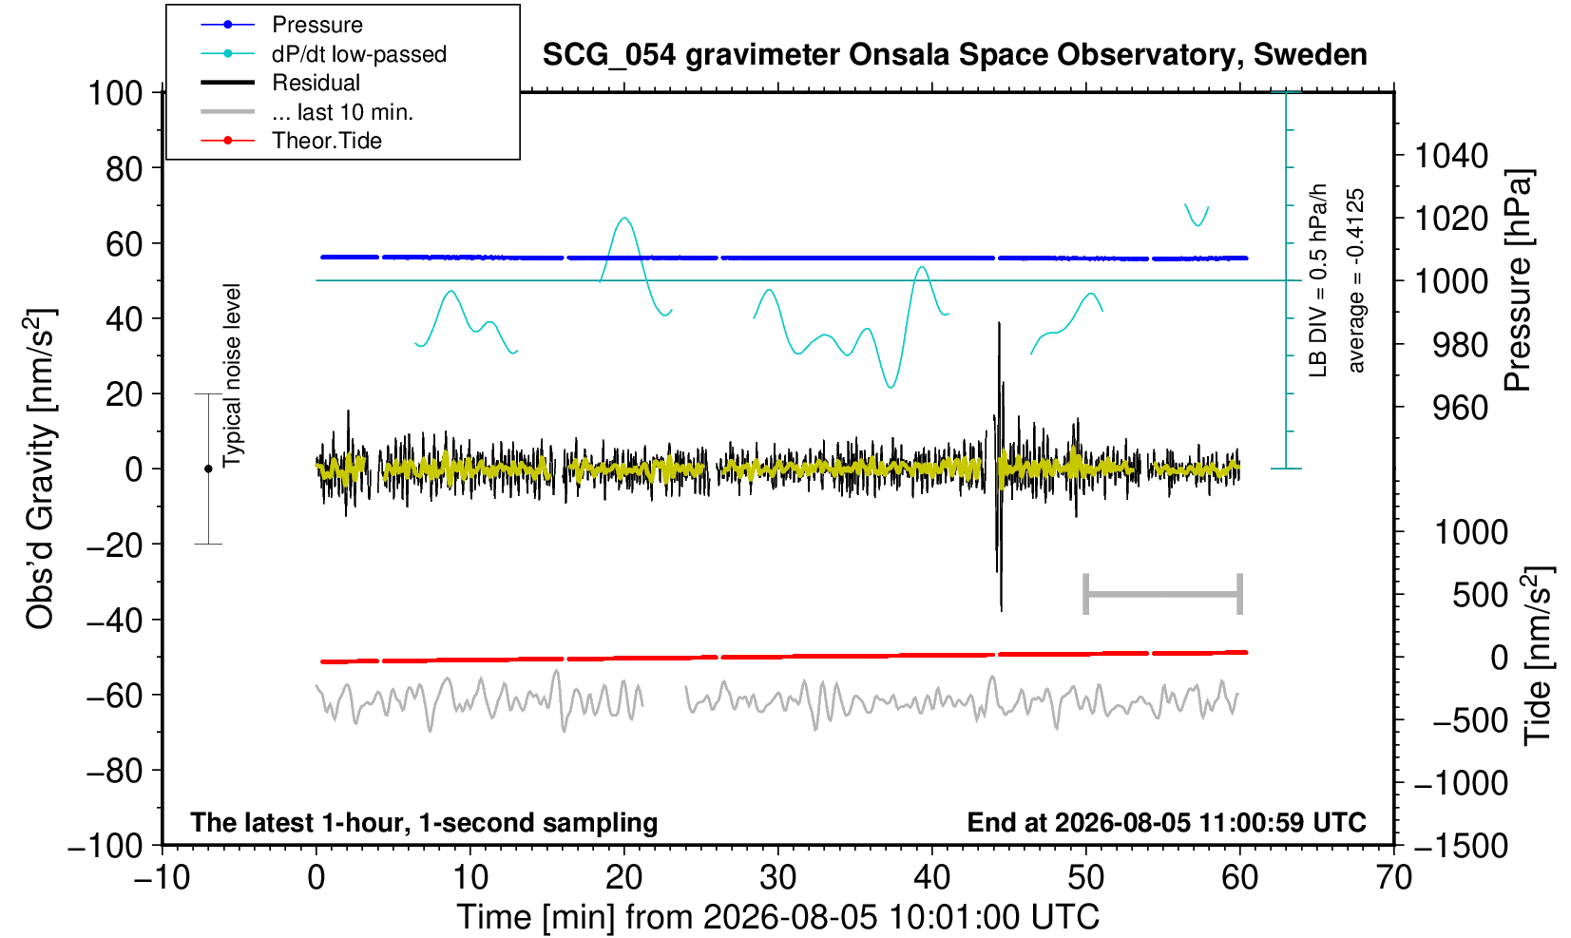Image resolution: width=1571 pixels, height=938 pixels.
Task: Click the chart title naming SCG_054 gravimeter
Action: coord(954,55)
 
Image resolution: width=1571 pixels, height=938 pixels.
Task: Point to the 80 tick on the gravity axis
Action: coord(125,169)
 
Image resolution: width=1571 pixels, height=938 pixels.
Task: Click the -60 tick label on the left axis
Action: coord(114,696)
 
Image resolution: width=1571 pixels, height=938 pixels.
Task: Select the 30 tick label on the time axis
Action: coord(777,878)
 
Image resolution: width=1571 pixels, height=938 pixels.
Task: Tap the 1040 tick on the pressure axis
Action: coord(1451,155)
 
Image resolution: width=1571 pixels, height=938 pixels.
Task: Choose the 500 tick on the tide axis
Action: coord(1480,595)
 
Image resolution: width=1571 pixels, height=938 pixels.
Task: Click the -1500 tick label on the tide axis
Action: coord(1461,846)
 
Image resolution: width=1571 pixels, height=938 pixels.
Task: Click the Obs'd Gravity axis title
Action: coord(39,469)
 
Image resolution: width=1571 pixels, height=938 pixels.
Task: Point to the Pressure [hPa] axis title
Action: coord(1518,280)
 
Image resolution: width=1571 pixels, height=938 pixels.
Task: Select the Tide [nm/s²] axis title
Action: coord(1538,656)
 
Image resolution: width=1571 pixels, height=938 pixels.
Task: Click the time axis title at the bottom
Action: coord(777,917)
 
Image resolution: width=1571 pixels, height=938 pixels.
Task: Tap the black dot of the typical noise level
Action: coord(208,469)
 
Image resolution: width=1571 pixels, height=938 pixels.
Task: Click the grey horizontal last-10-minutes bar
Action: coord(1163,594)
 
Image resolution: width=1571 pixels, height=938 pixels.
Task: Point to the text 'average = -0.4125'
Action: coord(1356,280)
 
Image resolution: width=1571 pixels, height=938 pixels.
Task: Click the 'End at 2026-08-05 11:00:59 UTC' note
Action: coord(1166,822)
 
